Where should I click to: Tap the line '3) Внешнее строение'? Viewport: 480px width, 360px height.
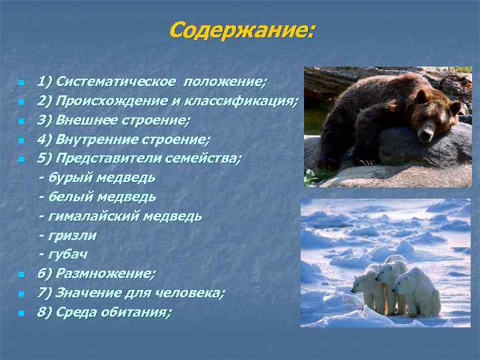pyautogui.click(x=113, y=121)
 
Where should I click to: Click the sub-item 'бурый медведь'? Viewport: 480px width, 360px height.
pyautogui.click(x=101, y=178)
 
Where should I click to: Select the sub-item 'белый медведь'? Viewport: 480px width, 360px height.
pyautogui.click(x=101, y=197)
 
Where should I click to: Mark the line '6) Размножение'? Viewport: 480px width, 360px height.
pyautogui.click(x=97, y=274)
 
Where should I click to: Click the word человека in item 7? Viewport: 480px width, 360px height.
pyautogui.click(x=194, y=293)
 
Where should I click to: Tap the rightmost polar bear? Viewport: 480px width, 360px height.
pyautogui.click(x=419, y=291)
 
